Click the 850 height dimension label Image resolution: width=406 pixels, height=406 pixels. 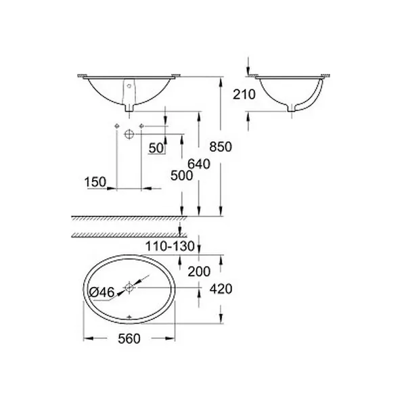[221, 147]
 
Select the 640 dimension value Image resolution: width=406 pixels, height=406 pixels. [199, 164]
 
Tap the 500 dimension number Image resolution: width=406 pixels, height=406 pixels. [182, 176]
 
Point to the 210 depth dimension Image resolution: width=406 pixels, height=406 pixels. [244, 94]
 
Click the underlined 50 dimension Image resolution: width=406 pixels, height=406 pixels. [156, 148]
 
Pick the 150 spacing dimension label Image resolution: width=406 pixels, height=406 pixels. [95, 182]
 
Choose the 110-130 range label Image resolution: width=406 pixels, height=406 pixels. [170, 246]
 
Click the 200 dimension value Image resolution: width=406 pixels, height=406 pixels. [199, 271]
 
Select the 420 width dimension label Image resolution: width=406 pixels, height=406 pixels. [221, 289]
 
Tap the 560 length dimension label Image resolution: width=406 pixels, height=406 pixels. [129, 339]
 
